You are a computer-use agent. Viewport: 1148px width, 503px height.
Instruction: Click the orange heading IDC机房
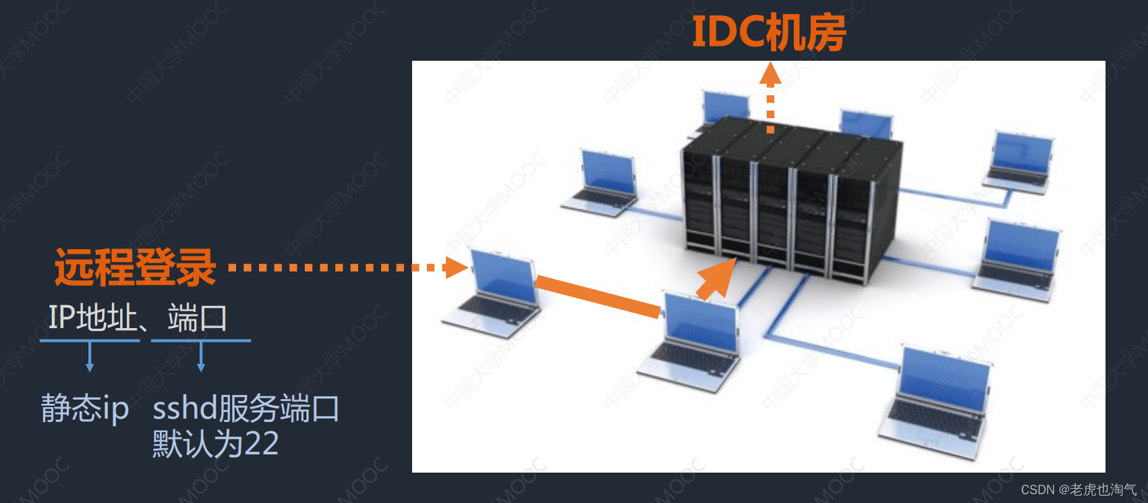click(x=769, y=32)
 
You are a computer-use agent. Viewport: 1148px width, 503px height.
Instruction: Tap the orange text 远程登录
click(x=135, y=267)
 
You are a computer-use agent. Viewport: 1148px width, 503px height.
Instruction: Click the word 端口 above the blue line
click(x=197, y=317)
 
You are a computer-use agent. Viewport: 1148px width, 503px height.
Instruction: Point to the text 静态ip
click(x=85, y=408)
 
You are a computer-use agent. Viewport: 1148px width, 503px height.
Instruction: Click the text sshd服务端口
click(x=246, y=408)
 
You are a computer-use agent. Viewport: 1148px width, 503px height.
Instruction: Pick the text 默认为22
click(x=215, y=444)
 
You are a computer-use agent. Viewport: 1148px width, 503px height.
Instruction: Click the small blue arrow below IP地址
click(x=90, y=357)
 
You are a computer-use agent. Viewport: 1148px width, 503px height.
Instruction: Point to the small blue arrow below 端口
click(x=201, y=357)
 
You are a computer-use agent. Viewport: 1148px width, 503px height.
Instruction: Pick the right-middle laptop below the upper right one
click(x=1018, y=260)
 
